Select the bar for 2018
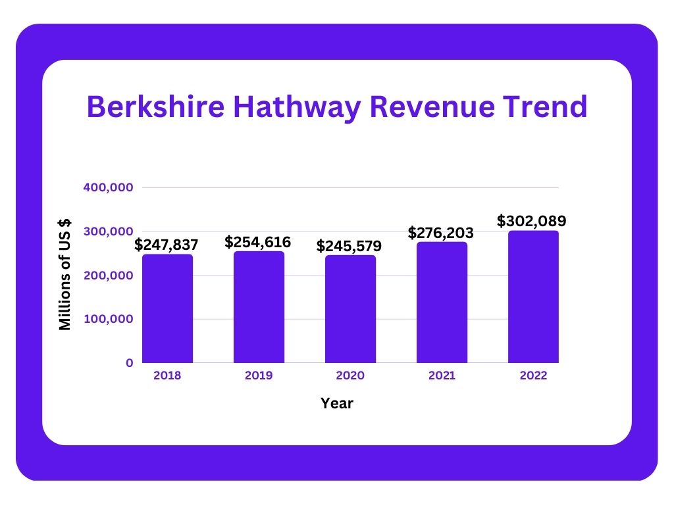click(x=167, y=308)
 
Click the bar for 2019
click(x=259, y=307)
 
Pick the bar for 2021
click(x=442, y=302)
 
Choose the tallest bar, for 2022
click(x=533, y=297)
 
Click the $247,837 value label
click(x=167, y=245)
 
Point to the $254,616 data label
click(x=257, y=242)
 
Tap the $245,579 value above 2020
click(x=349, y=246)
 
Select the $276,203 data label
click(x=441, y=233)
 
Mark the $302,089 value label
click(x=532, y=221)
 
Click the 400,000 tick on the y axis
click(x=109, y=187)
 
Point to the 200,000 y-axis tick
click(x=109, y=276)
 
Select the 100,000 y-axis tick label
click(x=109, y=319)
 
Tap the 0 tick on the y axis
click(x=130, y=363)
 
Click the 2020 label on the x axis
click(x=350, y=376)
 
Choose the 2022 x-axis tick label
click(x=533, y=376)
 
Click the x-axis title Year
click(x=337, y=404)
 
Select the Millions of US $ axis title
click(x=65, y=275)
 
